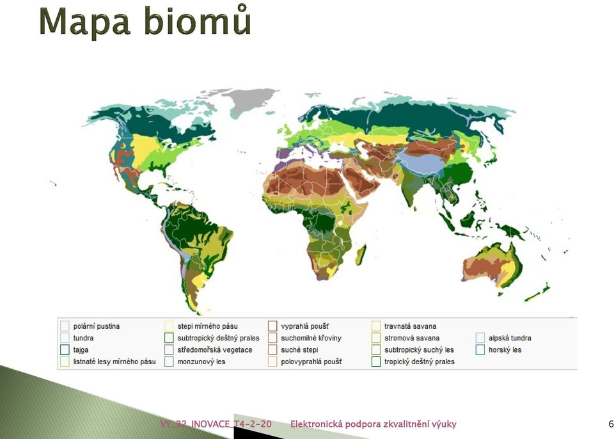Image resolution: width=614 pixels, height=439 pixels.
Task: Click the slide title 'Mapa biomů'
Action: click(x=145, y=21)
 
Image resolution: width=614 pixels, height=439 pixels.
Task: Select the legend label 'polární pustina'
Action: click(x=97, y=326)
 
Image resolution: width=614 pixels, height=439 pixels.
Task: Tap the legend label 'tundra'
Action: click(x=83, y=338)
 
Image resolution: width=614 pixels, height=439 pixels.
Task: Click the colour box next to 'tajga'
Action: click(x=65, y=349)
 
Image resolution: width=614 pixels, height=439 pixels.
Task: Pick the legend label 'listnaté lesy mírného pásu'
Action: click(x=114, y=362)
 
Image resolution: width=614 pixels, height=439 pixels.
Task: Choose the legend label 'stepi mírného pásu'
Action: click(x=207, y=326)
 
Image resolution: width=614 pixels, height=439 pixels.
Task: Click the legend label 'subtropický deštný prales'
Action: click(x=218, y=338)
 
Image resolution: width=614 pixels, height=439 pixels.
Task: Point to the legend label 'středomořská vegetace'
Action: click(x=215, y=349)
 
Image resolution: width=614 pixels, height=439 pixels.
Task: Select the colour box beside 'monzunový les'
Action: click(x=169, y=362)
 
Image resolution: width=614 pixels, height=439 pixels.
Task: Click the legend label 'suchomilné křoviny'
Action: click(x=311, y=338)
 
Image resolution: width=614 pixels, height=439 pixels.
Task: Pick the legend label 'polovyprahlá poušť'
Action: click(x=311, y=362)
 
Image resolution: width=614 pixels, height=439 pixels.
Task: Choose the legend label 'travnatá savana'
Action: click(x=410, y=326)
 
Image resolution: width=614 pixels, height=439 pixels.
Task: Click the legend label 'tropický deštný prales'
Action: click(x=419, y=362)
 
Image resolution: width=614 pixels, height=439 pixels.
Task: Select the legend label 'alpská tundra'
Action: click(x=510, y=338)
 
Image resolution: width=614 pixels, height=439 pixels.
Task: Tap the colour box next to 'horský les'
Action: click(x=480, y=349)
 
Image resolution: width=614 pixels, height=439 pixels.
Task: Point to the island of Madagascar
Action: click(x=361, y=254)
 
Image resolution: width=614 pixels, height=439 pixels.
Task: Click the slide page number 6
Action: click(x=611, y=424)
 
